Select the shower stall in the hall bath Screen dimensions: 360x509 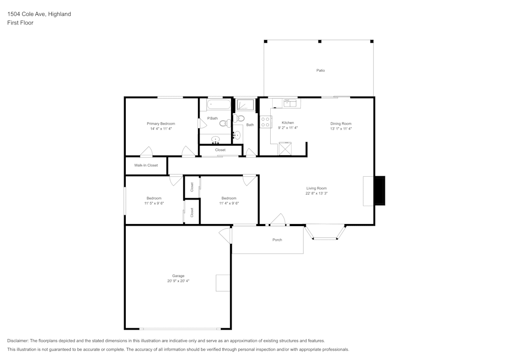coord(245,105)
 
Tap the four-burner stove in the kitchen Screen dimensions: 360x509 coord(265,122)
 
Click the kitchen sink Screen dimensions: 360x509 coord(290,103)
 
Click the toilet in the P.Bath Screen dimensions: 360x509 coord(224,123)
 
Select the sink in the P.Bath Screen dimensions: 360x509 coord(215,139)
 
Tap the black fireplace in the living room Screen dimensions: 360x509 coord(379,191)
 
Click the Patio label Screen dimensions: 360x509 coord(320,70)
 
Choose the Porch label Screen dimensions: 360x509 coord(277,240)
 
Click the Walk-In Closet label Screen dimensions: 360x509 coord(146,165)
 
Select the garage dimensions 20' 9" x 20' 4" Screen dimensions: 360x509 coord(178,281)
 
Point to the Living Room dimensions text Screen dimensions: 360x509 coord(316,193)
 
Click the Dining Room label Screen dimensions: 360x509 coord(341,124)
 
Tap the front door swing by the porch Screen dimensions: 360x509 coord(277,219)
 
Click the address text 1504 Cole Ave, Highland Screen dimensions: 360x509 coord(39,14)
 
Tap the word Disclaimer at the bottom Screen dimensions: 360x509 coord(18,341)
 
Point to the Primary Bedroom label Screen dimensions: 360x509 coord(161,124)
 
